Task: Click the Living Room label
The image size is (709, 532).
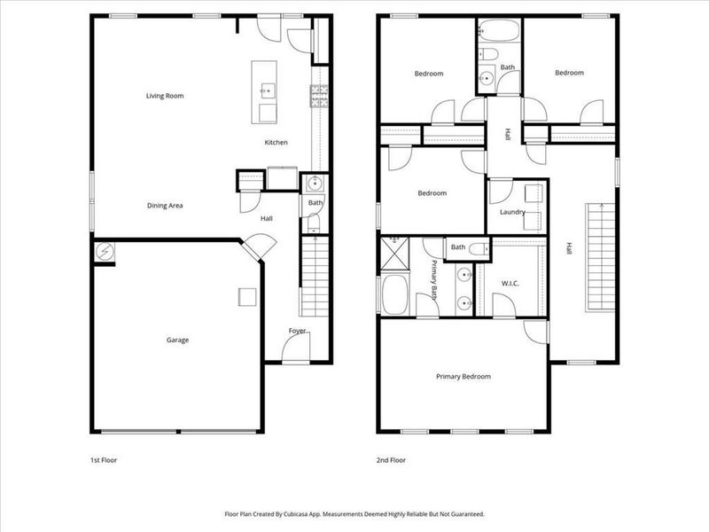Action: point(165,96)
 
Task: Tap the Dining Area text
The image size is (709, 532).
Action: point(165,206)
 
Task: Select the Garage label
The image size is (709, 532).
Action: point(177,340)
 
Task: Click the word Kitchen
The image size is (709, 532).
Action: point(276,143)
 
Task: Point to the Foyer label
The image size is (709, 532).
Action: point(297,331)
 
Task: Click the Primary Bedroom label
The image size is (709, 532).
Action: point(463,377)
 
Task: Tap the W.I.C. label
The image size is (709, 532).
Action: point(510,285)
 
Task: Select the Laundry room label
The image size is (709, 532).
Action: point(512,212)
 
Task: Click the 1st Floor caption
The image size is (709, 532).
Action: point(104,460)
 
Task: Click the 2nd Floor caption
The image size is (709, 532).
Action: point(391,460)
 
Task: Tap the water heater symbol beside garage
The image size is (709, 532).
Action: point(104,252)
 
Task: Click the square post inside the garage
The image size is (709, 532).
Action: point(246,296)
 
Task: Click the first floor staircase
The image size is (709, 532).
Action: point(316,279)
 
